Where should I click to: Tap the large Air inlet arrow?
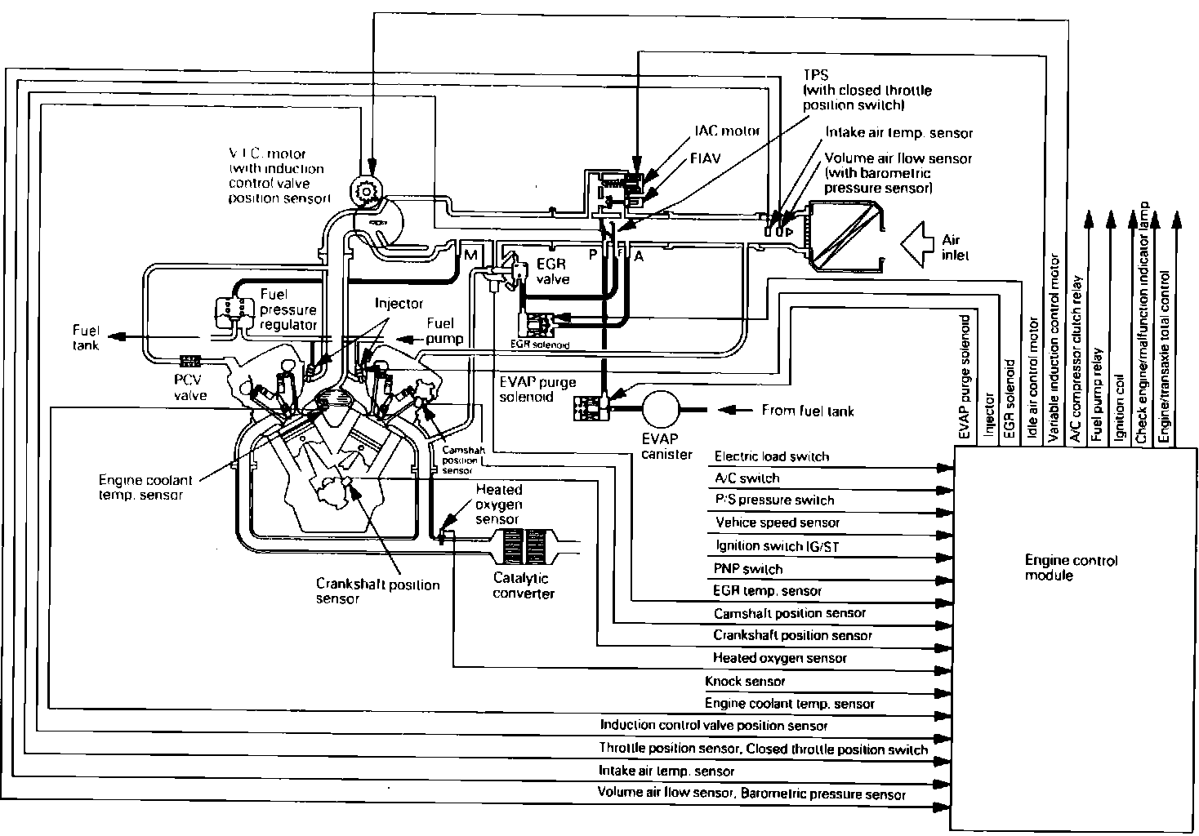click(x=920, y=242)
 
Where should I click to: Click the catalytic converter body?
click(x=524, y=543)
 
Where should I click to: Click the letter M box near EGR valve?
click(x=471, y=256)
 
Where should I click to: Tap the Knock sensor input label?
click(x=744, y=681)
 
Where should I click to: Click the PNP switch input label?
click(x=747, y=568)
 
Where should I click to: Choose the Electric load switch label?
click(x=771, y=456)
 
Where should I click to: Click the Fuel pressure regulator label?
click(x=287, y=309)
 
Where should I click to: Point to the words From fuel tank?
click(x=807, y=410)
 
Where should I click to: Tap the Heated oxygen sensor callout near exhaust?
click(x=499, y=504)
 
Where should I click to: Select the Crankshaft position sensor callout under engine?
click(x=377, y=591)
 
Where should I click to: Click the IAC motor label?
click(x=726, y=131)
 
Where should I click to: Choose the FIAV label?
click(x=705, y=158)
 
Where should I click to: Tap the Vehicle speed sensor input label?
click(x=777, y=522)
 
